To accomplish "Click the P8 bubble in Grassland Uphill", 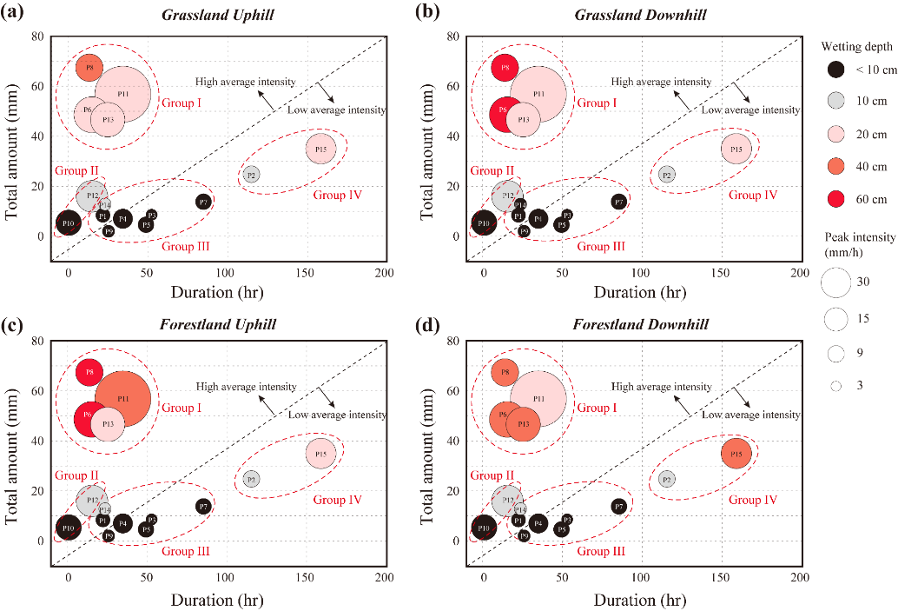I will [x=89, y=67].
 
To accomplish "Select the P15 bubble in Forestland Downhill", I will [x=736, y=454].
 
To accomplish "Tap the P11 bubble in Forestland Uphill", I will [x=122, y=398].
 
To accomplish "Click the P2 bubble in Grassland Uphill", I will [x=251, y=175].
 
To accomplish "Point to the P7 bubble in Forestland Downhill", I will [x=618, y=506].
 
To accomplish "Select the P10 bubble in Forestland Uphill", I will [x=69, y=528].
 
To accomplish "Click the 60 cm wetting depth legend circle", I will [x=835, y=199].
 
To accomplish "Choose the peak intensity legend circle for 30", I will [x=835, y=282].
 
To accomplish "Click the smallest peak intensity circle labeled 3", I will [x=835, y=386].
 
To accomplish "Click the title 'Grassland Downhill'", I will [x=640, y=16].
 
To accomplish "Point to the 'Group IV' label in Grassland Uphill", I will [x=337, y=195].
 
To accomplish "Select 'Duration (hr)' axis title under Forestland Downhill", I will [x=641, y=600].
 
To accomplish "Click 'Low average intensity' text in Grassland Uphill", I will [x=337, y=110].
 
